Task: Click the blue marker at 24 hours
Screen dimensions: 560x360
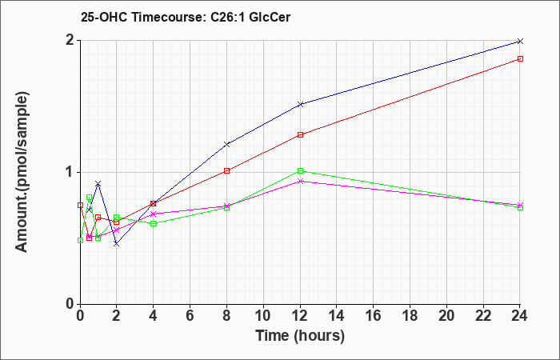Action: [520, 42]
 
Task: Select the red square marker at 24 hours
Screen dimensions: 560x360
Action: [520, 59]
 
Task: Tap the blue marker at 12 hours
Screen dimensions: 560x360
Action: [300, 104]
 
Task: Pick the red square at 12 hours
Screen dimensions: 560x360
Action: [300, 134]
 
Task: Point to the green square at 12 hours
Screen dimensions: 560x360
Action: [300, 170]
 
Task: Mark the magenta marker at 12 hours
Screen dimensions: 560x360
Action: [300, 181]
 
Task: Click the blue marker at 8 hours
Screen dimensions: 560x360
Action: [226, 144]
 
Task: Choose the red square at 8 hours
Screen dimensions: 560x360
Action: [226, 170]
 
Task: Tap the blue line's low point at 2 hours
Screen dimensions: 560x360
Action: [117, 243]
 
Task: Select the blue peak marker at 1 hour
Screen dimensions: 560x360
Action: [98, 183]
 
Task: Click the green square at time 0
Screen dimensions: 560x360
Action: [80, 240]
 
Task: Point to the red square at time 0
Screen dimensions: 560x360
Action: [80, 205]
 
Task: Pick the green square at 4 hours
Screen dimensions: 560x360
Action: [154, 223]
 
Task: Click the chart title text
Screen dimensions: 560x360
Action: [186, 17]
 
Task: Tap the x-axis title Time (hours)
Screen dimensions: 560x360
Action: [300, 336]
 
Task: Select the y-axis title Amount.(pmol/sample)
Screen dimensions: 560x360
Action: [22, 173]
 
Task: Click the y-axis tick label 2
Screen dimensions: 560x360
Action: [70, 40]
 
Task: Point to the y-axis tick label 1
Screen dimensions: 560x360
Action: [70, 172]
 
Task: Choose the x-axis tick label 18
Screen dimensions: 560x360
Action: [410, 316]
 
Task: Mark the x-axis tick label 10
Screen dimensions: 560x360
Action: [263, 316]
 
